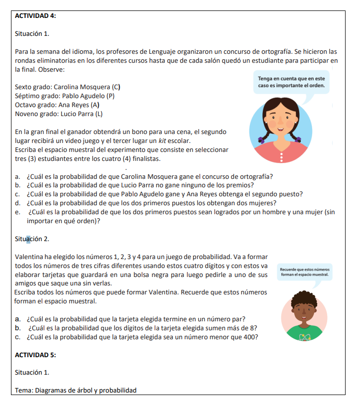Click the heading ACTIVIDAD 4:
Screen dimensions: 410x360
35,16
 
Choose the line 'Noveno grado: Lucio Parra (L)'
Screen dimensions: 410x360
59,114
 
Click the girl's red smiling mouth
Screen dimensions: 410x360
282,131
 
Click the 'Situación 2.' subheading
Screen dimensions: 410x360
32,239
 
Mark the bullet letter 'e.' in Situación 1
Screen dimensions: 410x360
18,212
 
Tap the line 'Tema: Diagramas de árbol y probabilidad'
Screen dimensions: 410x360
75,390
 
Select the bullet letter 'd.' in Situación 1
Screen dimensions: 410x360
18,203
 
